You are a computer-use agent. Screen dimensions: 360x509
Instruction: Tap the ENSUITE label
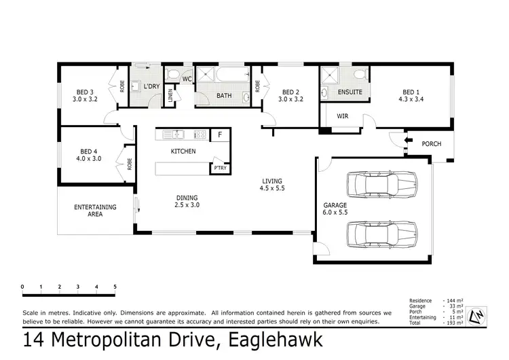[350, 92]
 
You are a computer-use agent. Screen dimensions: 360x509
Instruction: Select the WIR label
[342, 116]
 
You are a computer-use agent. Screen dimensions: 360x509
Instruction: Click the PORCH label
[431, 144]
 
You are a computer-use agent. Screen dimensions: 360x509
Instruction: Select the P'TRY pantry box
[220, 168]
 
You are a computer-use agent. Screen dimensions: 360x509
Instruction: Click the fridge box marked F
[219, 135]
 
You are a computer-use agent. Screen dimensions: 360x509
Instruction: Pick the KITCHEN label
[183, 151]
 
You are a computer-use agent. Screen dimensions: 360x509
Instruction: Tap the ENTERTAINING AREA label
[95, 211]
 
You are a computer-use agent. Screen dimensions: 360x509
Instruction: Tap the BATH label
[224, 96]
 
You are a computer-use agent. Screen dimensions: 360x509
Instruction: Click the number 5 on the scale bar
[115, 287]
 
